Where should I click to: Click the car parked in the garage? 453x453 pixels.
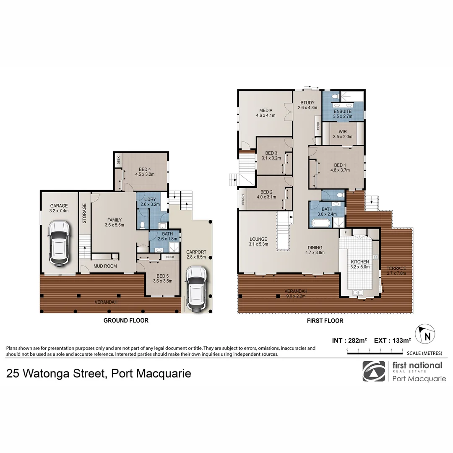coord(59,243)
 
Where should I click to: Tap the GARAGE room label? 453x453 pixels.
coord(59,206)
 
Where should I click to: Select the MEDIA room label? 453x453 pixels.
coord(266,110)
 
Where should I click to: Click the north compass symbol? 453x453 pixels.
coord(425,334)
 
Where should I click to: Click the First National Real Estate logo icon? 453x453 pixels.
coord(374,371)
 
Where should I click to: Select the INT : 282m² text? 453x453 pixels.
coord(349,341)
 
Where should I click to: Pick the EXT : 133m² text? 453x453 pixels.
coord(392,341)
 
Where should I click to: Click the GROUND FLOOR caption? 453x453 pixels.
coord(126,320)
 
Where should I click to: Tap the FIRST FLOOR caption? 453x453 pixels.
coord(325,321)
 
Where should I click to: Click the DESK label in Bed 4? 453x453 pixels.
coord(118,160)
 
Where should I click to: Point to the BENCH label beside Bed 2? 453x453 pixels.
coord(243,199)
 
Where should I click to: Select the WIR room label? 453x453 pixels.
coord(343,131)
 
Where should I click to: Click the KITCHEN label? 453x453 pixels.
coord(360,262)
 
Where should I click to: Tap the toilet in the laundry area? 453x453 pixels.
coord(142,225)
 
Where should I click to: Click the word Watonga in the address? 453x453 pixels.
coord(48,374)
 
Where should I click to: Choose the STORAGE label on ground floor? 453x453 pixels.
coord(84,213)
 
